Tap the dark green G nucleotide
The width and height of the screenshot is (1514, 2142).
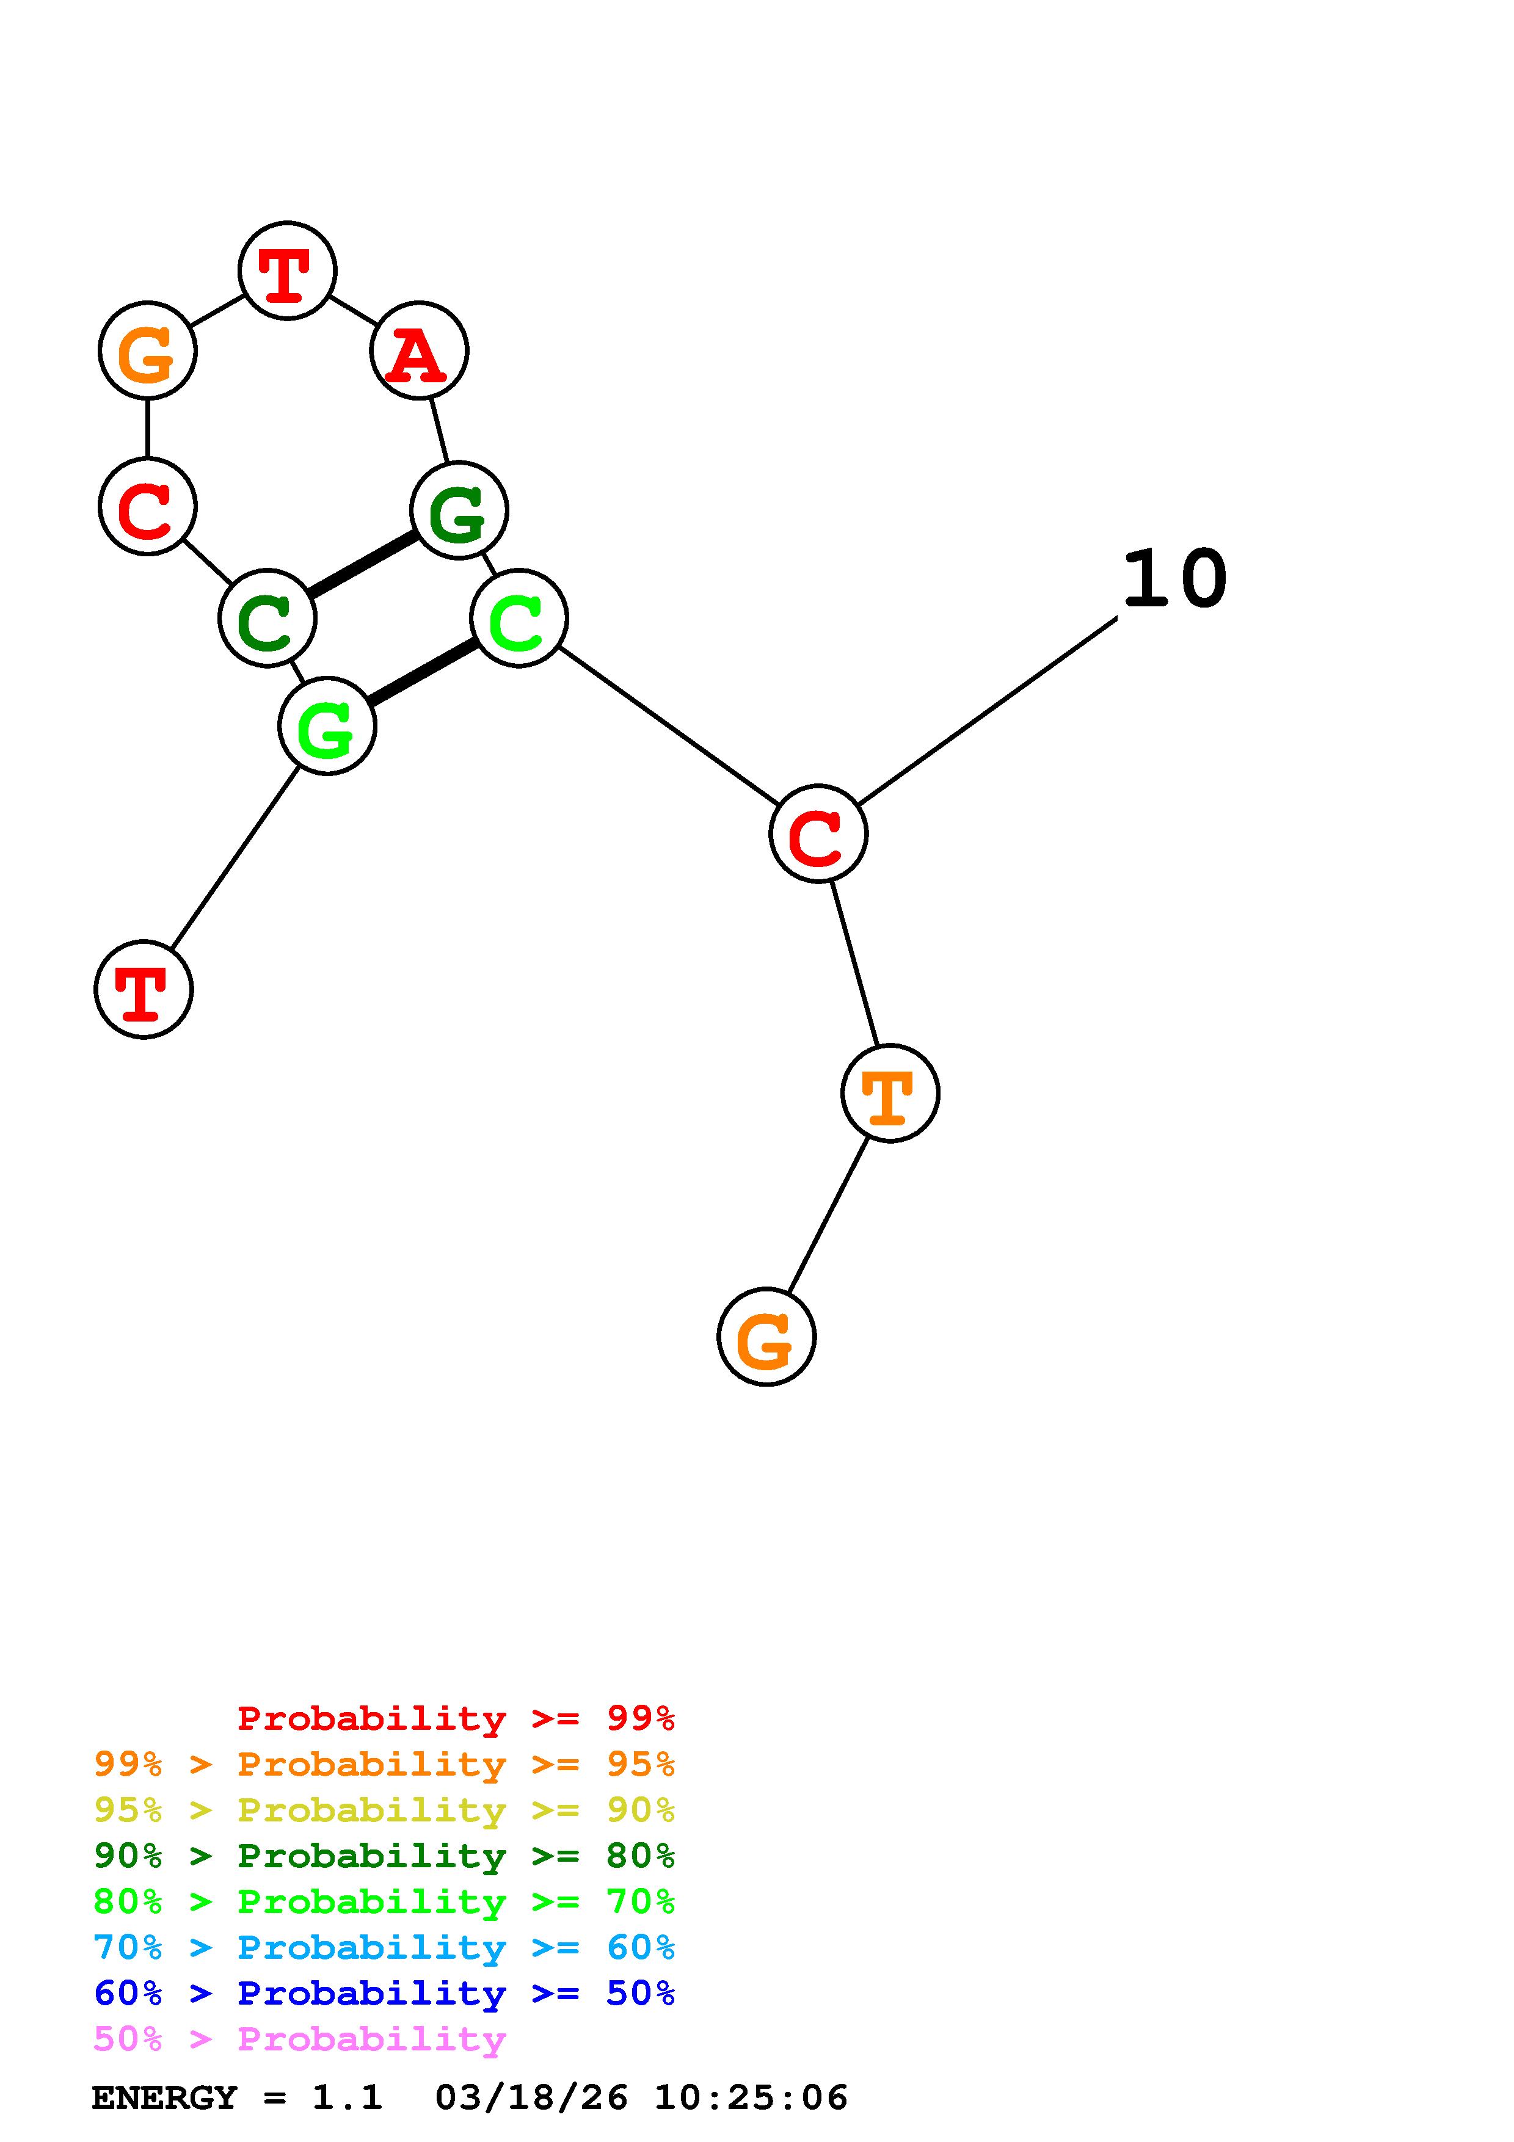tap(459, 511)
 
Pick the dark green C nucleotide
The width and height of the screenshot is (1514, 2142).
tap(267, 619)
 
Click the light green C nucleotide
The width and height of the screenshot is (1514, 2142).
tap(519, 619)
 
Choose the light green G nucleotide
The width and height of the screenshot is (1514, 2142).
tap(327, 727)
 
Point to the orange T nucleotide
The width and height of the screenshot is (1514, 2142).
tap(890, 1094)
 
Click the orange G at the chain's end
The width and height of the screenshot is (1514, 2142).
tap(766, 1337)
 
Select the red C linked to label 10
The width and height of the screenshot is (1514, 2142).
tap(818, 833)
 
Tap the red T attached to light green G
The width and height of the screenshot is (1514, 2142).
tap(144, 989)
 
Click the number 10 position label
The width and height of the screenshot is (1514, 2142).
tap(1174, 579)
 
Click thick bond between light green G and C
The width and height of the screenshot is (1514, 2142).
tap(423, 673)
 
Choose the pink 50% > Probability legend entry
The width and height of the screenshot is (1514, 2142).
tap(299, 2039)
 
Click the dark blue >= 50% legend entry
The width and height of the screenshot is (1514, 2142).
tap(384, 1993)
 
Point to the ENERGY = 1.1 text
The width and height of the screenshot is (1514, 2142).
tap(237, 2098)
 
